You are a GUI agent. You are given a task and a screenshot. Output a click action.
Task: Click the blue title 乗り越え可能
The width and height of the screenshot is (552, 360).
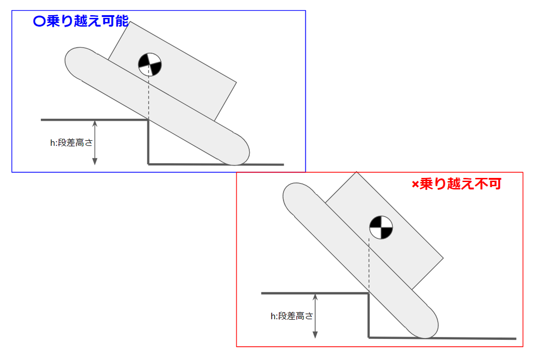point(87,22)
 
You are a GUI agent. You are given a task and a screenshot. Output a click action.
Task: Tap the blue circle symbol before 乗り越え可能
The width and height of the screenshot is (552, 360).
point(40,22)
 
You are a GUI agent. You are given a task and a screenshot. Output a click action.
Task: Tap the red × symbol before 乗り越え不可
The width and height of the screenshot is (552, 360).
point(415,185)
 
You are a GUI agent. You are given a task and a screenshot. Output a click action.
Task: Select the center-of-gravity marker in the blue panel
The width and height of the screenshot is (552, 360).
point(150,64)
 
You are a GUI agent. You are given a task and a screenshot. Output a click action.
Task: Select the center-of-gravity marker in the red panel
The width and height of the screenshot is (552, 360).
point(381,227)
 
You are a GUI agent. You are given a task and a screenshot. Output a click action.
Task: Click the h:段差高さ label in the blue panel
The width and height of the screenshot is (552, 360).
point(71,143)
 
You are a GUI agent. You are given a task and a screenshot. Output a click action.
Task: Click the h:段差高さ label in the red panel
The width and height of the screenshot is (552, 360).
point(292,316)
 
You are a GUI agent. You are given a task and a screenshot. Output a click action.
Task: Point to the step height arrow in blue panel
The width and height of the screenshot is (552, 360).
point(95,142)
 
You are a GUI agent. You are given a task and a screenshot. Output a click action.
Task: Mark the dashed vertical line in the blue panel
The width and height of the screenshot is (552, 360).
point(149,97)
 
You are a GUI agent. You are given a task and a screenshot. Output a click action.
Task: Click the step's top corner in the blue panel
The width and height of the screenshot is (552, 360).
point(148,120)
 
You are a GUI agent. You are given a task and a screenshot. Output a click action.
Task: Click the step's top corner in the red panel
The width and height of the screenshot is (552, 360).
point(369,293)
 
